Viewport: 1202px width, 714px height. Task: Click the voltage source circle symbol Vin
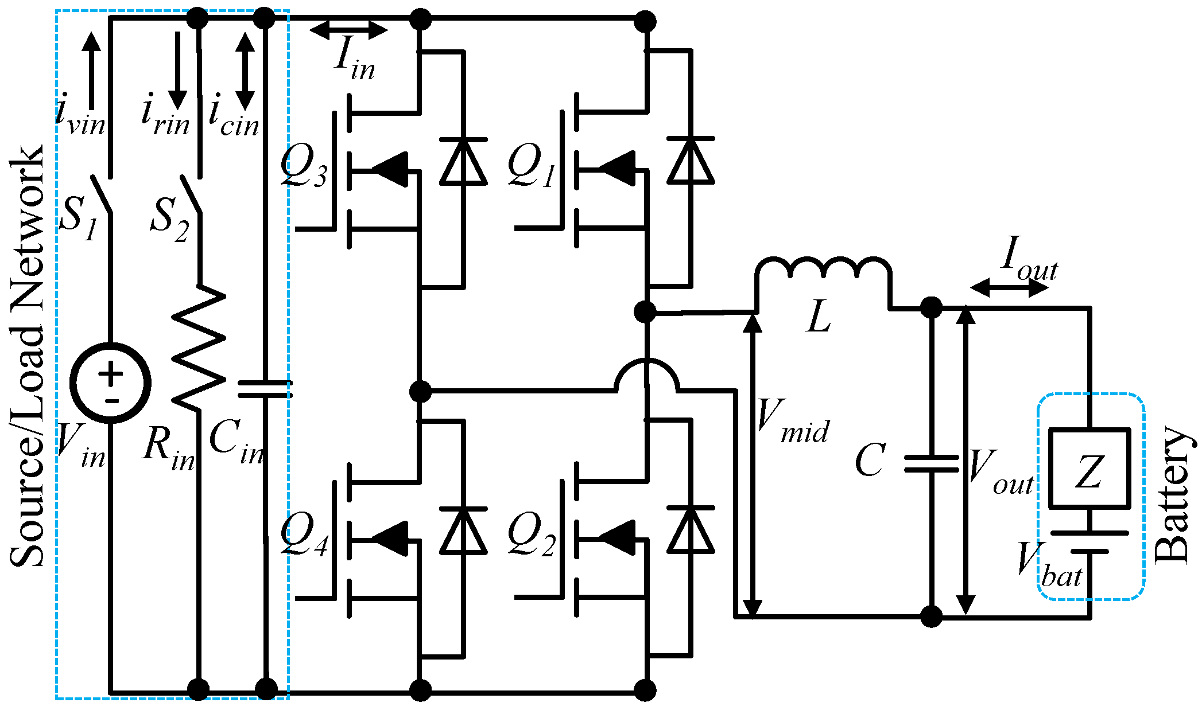[x=110, y=383]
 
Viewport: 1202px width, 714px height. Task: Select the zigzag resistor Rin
[x=199, y=348]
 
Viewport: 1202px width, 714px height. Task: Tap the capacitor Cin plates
[x=265, y=389]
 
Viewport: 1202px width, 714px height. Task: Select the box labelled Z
[x=1089, y=468]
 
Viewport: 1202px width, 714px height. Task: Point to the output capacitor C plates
[x=931, y=463]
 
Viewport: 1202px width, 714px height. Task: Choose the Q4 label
[x=304, y=534]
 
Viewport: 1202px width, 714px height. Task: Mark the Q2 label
[x=532, y=534]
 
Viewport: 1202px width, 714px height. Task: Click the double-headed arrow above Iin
[x=348, y=30]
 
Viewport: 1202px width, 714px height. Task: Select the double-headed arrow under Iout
[x=1009, y=287]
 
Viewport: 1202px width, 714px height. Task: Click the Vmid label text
[x=793, y=422]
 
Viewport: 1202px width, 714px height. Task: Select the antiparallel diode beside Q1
[x=691, y=161]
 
